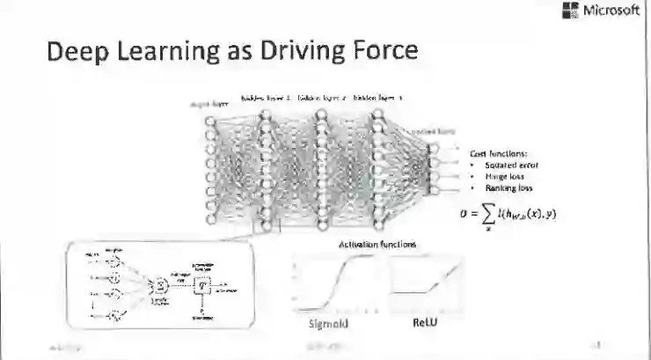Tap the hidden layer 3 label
point(377,99)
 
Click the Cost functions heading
point(499,153)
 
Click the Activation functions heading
point(378,244)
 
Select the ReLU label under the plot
point(426,323)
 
